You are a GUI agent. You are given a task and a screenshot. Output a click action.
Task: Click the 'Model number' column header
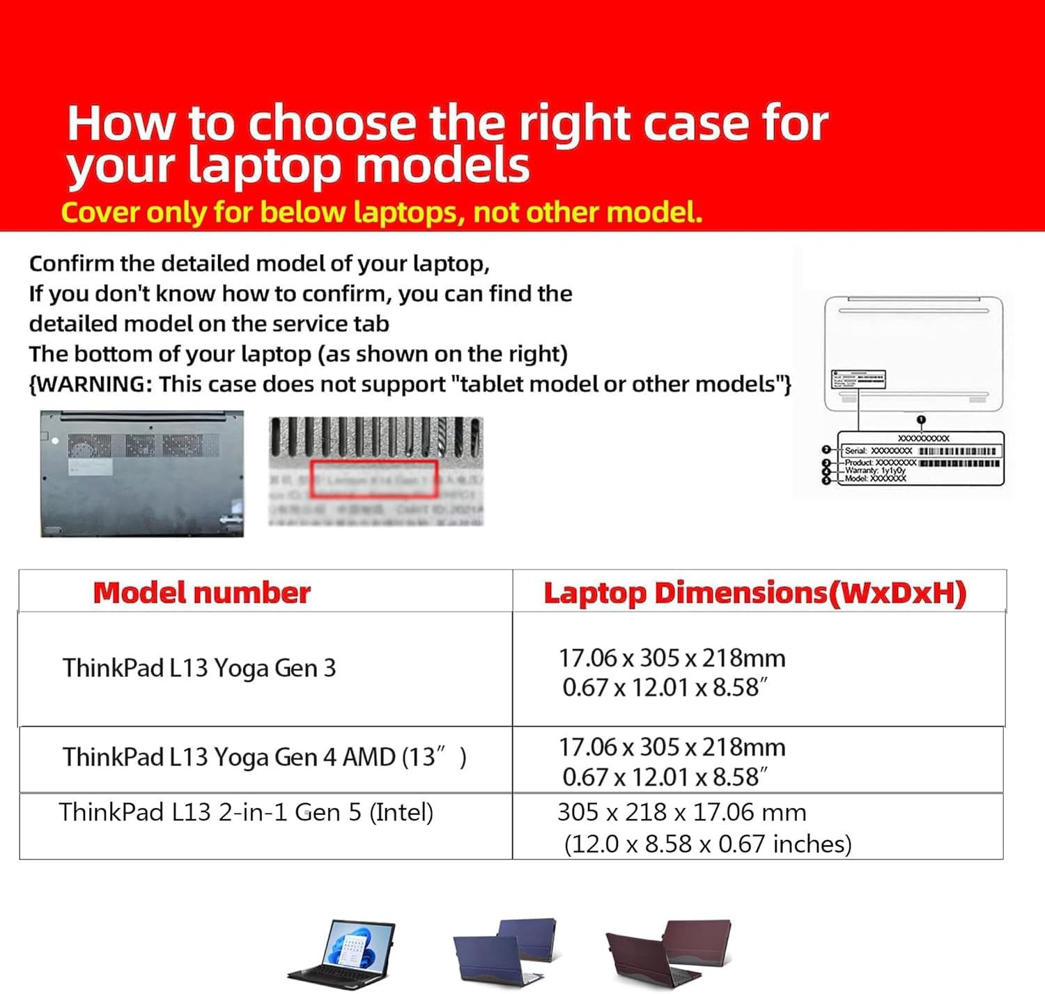pos(201,593)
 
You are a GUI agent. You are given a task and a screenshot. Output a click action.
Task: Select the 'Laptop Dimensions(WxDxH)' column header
pos(754,593)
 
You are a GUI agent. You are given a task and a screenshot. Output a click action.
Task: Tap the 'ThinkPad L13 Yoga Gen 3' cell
pos(199,668)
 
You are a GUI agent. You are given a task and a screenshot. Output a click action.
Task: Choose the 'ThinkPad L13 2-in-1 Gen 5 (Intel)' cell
pos(246,812)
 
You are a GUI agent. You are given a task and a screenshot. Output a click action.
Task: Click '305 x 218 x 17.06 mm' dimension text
pos(681,812)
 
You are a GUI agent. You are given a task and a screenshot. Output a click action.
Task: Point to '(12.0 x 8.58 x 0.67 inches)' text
pos(707,844)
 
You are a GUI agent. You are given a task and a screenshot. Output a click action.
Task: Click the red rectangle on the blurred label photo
pos(374,479)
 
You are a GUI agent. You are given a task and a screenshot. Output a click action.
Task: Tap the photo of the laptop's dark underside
pos(142,474)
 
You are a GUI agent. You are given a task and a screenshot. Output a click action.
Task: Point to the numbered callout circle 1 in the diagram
pos(921,420)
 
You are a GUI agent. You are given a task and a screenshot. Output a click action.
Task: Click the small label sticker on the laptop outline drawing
pos(858,380)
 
